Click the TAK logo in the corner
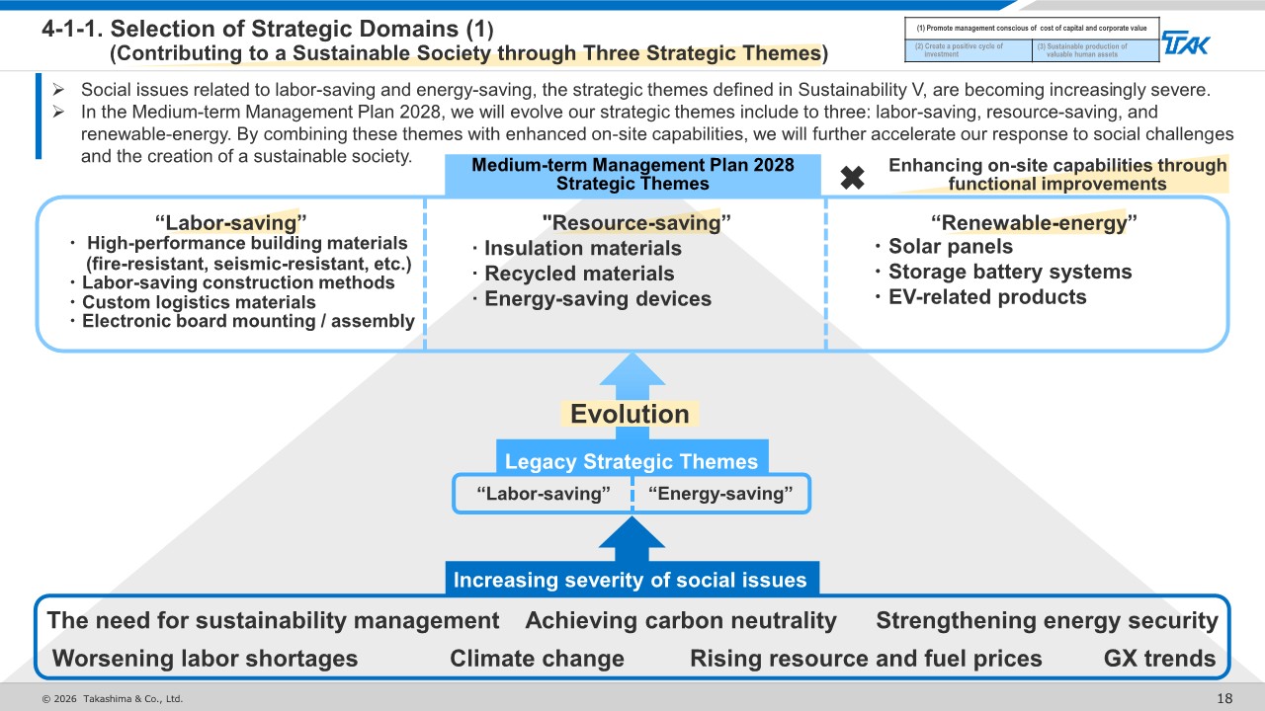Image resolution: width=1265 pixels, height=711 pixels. (1185, 43)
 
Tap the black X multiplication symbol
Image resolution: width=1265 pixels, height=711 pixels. (852, 177)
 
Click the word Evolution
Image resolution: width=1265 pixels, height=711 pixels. (630, 414)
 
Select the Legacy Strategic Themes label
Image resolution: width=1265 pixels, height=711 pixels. (632, 461)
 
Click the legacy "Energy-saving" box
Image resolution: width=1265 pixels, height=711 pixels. (721, 494)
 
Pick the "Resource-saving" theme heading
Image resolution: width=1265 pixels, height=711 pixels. (636, 222)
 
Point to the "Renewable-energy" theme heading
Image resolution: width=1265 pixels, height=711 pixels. (1034, 222)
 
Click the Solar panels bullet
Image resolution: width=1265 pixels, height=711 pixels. (944, 247)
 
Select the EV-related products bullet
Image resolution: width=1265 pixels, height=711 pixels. (981, 297)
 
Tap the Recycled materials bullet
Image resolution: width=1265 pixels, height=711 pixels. (573, 274)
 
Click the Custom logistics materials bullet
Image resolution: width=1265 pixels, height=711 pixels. (193, 302)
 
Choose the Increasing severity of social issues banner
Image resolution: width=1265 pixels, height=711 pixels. (632, 579)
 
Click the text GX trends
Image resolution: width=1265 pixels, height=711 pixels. (1159, 659)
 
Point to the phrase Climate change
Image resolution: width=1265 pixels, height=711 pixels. (537, 659)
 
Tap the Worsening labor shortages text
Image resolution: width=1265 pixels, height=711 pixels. (205, 659)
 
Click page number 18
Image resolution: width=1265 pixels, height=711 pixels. (1224, 698)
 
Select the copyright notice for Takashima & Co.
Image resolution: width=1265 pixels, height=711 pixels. (113, 698)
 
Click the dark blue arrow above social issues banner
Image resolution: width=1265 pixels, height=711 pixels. (632, 539)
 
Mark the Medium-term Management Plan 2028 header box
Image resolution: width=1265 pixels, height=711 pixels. (632, 175)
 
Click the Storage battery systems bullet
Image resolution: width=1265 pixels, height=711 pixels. (1003, 272)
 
